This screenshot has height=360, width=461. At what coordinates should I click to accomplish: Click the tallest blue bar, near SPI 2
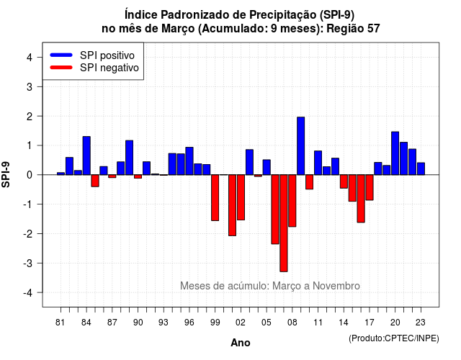coord(300,145)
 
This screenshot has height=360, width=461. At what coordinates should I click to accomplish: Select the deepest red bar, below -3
coord(283,223)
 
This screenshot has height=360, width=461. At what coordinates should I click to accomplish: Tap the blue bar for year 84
coord(86,156)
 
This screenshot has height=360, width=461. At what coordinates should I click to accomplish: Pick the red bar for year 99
coord(215,197)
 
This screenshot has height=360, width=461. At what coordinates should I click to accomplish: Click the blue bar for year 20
coord(395,153)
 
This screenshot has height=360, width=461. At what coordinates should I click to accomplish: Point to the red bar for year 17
coord(370,187)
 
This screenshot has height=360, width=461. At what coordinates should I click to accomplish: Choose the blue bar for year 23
coord(421,168)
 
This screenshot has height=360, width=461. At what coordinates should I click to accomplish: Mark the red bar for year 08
coord(292,201)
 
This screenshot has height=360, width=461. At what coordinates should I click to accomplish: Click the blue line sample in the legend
coord(61,55)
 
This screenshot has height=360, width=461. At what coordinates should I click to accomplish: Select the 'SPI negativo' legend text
coord(109,68)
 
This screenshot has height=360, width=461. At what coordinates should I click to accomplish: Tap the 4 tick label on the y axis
coord(30,57)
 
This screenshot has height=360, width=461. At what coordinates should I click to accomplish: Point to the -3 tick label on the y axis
coord(28,263)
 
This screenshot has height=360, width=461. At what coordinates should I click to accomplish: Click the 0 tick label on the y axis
coord(30,175)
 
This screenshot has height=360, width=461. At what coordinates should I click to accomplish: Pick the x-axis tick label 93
coord(164,323)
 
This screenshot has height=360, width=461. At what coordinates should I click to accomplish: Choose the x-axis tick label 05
coord(266,323)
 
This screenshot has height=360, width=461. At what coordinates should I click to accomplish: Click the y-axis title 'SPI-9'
coord(6,174)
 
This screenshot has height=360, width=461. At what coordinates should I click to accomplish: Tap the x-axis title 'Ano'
coord(241,343)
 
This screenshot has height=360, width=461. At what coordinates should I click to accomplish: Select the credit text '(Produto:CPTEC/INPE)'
coord(394,338)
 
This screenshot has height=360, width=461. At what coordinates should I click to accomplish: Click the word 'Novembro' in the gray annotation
coord(336,286)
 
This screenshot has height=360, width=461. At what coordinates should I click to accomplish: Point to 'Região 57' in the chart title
coord(353,29)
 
